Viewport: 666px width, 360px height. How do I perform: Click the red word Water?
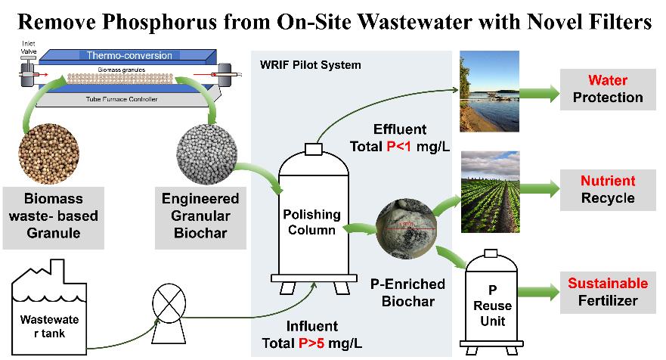[607, 81]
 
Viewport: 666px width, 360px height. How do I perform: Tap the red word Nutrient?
[607, 182]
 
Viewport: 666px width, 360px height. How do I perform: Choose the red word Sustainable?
[607, 284]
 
